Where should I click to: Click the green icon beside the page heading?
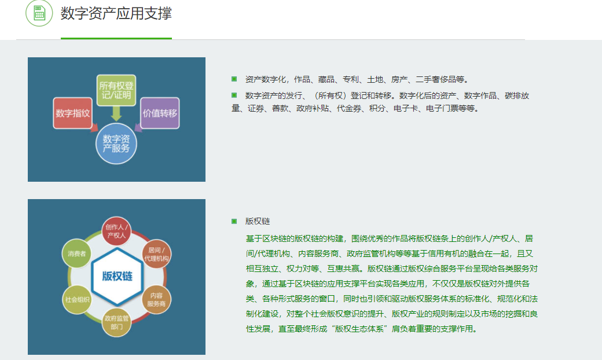pyautogui.click(x=39, y=13)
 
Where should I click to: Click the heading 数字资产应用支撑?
pyautogui.click(x=116, y=13)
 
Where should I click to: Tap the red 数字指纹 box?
pyautogui.click(x=72, y=113)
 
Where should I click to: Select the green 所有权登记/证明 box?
pyautogui.click(x=116, y=90)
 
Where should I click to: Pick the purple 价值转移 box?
pyautogui.click(x=160, y=113)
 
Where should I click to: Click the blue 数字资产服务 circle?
pyautogui.click(x=116, y=144)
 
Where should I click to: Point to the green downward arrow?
pyautogui.click(x=116, y=113)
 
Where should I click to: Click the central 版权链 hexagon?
pyautogui.click(x=117, y=276)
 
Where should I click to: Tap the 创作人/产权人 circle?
pyautogui.click(x=116, y=231)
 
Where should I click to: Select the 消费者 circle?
pyautogui.click(x=77, y=254)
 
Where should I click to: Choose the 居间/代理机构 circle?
pyautogui.click(x=156, y=254)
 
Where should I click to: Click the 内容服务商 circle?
pyautogui.click(x=156, y=299)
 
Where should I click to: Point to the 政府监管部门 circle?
pyautogui.click(x=116, y=322)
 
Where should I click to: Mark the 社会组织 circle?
pyautogui.click(x=77, y=299)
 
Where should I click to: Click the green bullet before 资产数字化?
pyautogui.click(x=234, y=79)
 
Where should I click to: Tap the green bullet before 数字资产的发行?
pyautogui.click(x=234, y=95)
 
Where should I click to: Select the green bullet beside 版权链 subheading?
pyautogui.click(x=234, y=221)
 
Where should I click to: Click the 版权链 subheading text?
pyautogui.click(x=258, y=221)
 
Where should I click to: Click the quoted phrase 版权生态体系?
pyautogui.click(x=359, y=329)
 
